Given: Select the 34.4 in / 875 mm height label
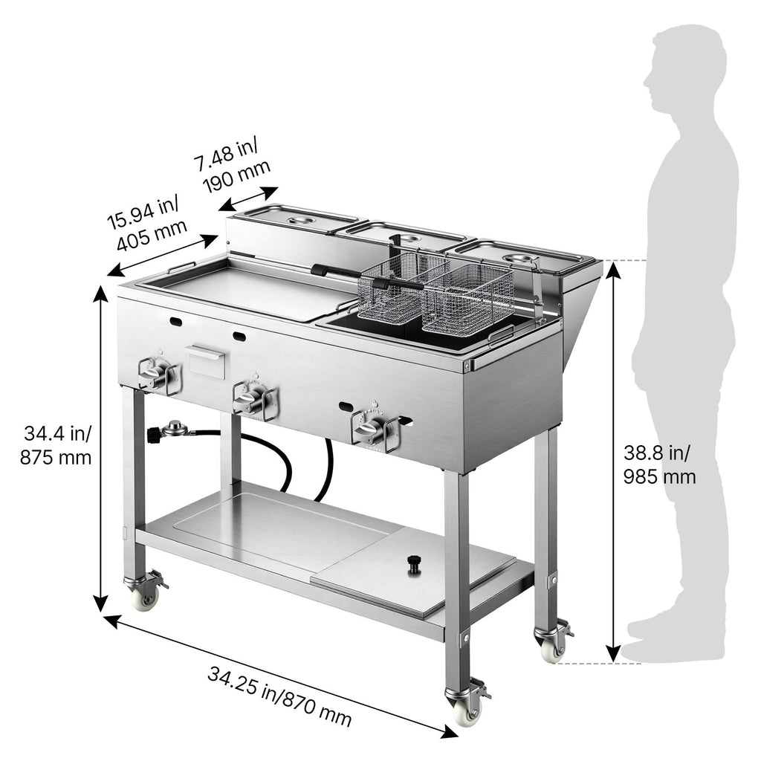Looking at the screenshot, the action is (x=56, y=445).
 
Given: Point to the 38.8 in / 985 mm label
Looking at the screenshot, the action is (x=659, y=464).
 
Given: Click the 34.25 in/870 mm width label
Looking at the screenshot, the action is (x=279, y=696).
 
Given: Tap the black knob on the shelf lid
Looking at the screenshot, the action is (x=414, y=565).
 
